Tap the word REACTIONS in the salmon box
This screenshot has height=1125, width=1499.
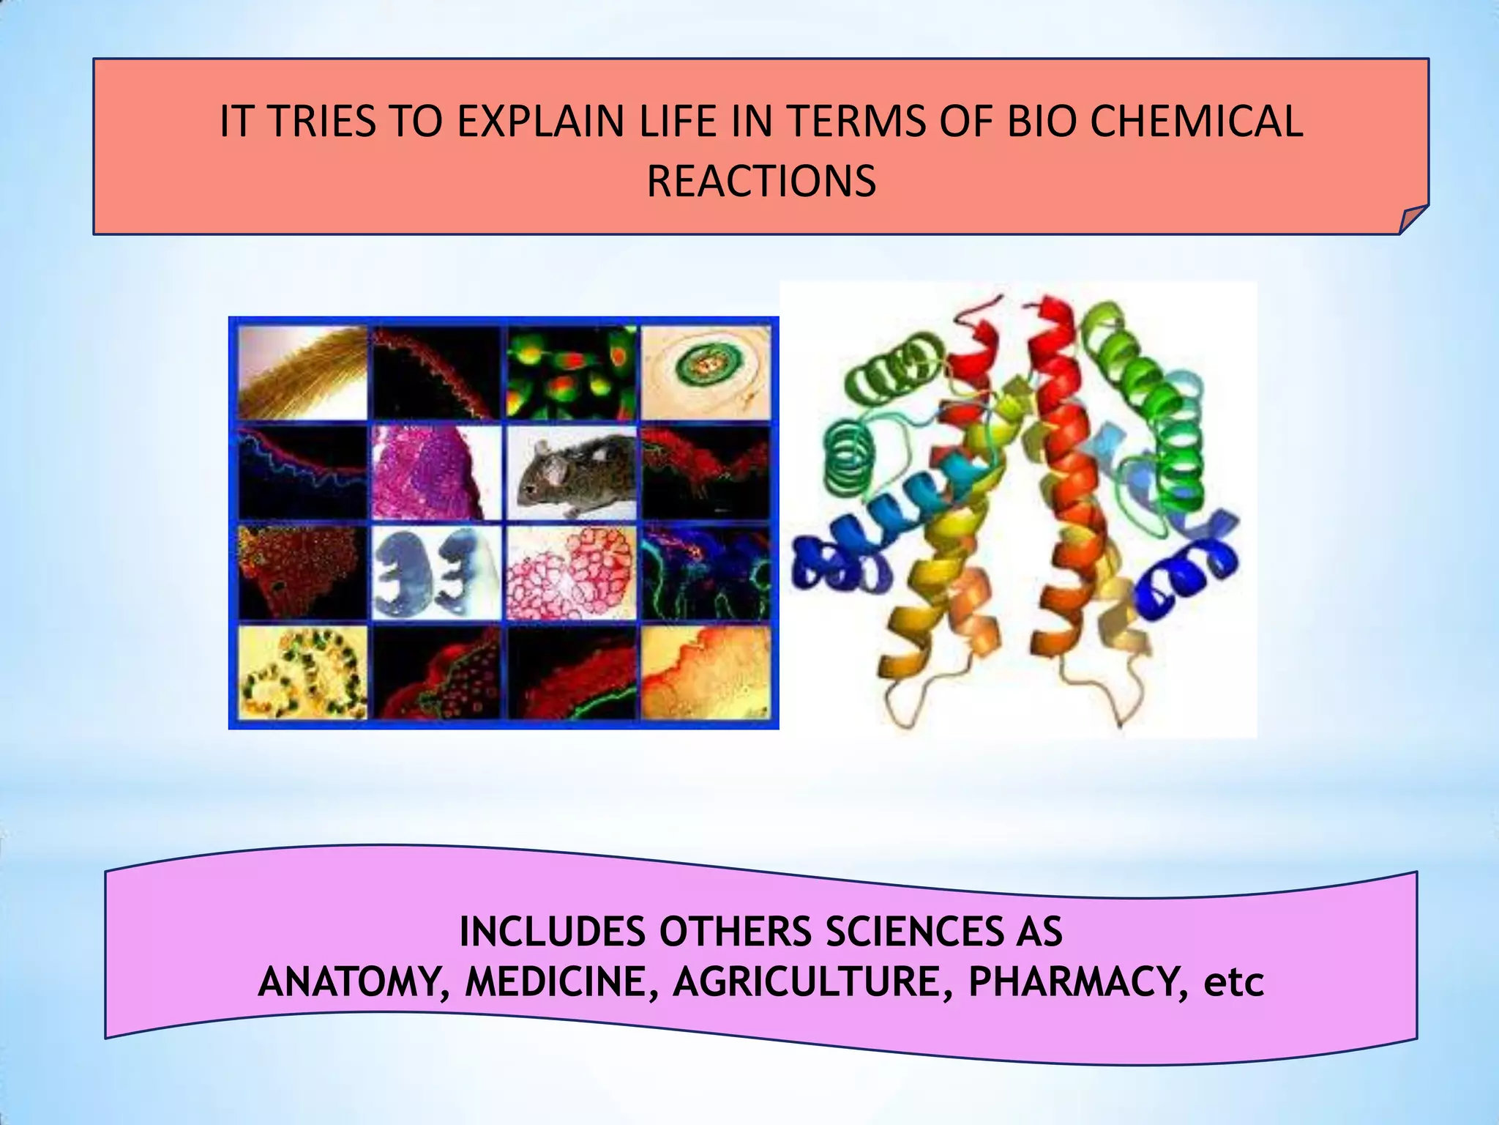point(761,181)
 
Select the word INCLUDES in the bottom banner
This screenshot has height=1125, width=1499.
point(553,932)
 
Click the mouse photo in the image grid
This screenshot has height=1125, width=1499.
point(572,472)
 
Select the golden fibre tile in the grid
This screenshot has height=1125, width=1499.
point(303,374)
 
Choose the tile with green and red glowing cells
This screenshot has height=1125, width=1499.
point(572,374)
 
